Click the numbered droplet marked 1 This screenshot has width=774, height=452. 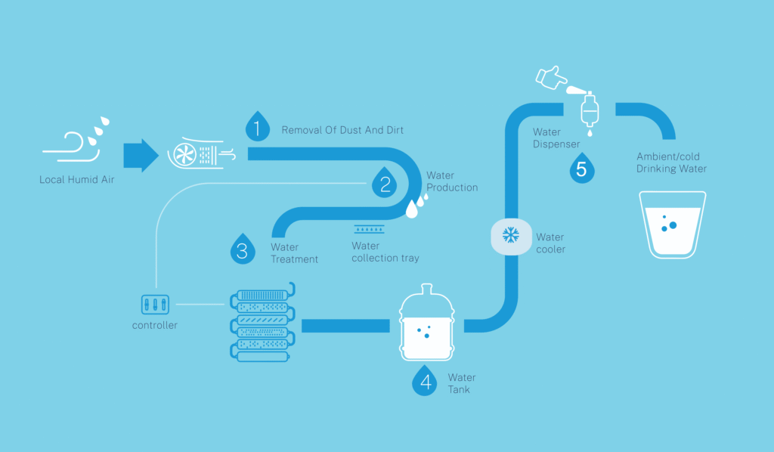pos(258,127)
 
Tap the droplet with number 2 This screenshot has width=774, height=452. pos(385,182)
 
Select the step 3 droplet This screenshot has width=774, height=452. pos(242,249)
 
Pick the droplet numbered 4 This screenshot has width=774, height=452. pos(426,382)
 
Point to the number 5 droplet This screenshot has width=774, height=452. pos(581,168)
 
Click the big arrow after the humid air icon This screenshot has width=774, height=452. pos(140,156)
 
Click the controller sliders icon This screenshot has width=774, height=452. pos(154,305)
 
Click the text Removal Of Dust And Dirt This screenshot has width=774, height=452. pos(342,130)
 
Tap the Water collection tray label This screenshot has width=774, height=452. pos(385,252)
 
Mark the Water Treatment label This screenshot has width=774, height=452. pos(294,253)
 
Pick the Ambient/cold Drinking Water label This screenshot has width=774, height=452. pos(671,163)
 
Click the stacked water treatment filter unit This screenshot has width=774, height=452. pos(260,323)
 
